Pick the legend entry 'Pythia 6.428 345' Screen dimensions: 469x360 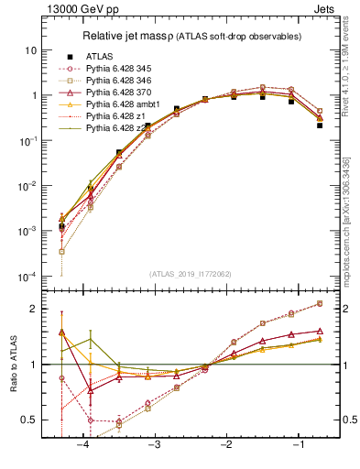click(122, 69)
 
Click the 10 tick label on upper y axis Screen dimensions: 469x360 click(32, 49)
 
